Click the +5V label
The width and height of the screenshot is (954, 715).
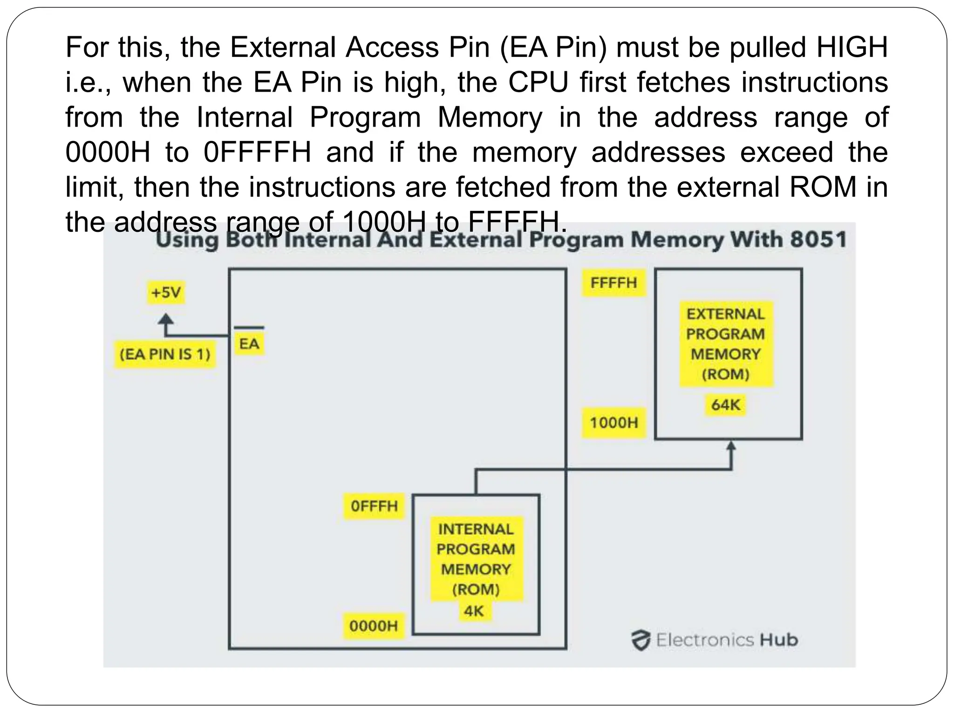point(166,293)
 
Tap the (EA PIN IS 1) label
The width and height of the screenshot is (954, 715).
point(165,355)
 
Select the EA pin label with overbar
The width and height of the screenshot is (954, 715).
point(249,342)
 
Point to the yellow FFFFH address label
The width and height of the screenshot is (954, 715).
point(613,283)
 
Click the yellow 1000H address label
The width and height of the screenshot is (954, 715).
point(613,423)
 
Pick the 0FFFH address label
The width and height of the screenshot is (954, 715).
point(374,506)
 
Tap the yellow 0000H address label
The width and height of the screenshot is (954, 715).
point(374,626)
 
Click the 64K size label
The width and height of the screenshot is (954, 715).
point(725,405)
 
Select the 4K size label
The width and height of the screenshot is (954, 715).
point(474,611)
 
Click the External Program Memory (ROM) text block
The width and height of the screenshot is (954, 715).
point(725,344)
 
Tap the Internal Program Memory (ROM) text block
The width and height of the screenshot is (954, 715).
point(476,559)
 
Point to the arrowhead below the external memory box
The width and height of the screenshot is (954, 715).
point(731,446)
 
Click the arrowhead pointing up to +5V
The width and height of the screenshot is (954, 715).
point(166,319)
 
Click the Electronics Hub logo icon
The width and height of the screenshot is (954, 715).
point(641,640)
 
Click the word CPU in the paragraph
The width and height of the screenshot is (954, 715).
point(538,82)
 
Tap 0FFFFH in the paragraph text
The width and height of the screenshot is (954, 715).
point(257,152)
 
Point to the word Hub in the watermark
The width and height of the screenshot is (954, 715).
point(779,640)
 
